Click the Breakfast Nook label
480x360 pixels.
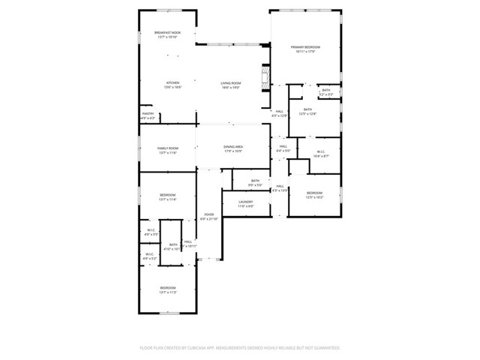point(166,33)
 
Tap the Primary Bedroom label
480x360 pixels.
point(305,47)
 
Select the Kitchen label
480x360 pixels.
point(172,82)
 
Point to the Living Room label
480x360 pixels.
point(230,82)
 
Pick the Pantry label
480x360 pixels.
point(148,114)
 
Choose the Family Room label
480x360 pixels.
point(167,148)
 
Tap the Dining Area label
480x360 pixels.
point(232,147)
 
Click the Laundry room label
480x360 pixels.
point(246,202)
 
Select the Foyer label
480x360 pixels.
point(209,215)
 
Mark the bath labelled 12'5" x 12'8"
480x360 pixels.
point(307,109)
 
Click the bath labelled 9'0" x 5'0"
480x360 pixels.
point(255,181)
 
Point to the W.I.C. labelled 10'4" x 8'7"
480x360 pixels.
point(320,152)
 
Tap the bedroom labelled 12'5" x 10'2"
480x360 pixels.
point(314,193)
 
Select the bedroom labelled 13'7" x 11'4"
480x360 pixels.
point(167,195)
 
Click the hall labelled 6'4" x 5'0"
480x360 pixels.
point(283,146)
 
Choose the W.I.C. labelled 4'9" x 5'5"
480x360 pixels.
point(151,230)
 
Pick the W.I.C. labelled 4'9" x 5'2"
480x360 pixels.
point(150,253)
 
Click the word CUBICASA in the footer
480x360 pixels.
point(199,348)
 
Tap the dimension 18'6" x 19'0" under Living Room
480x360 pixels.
point(230,88)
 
